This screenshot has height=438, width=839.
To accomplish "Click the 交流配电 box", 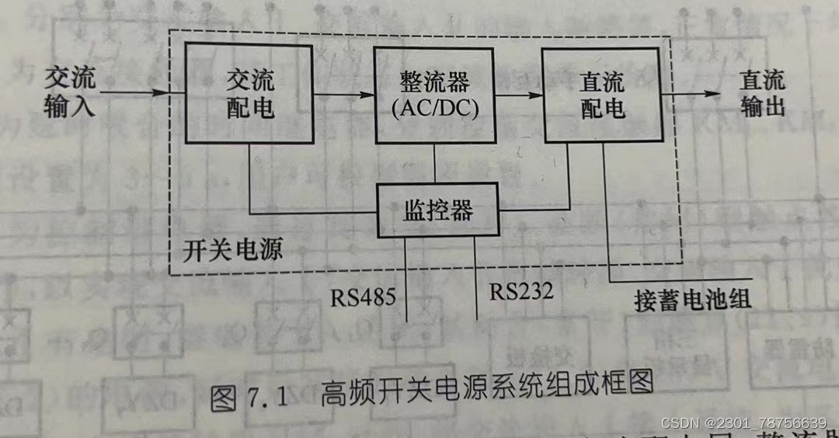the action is [249, 93].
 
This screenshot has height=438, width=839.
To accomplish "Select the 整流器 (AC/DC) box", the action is [436, 93].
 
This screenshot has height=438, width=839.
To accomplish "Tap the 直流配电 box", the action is [602, 95].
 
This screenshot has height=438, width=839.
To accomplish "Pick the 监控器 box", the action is [437, 210].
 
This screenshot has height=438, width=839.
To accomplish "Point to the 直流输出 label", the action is [761, 93].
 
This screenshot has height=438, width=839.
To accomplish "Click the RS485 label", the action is [363, 296].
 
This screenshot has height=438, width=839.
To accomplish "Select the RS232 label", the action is [520, 291].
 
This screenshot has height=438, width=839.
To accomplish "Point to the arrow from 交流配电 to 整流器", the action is [343, 94].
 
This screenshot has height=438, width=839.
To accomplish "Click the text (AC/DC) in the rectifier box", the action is [436, 108].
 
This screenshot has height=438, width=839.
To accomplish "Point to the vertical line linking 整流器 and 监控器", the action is [436, 163].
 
